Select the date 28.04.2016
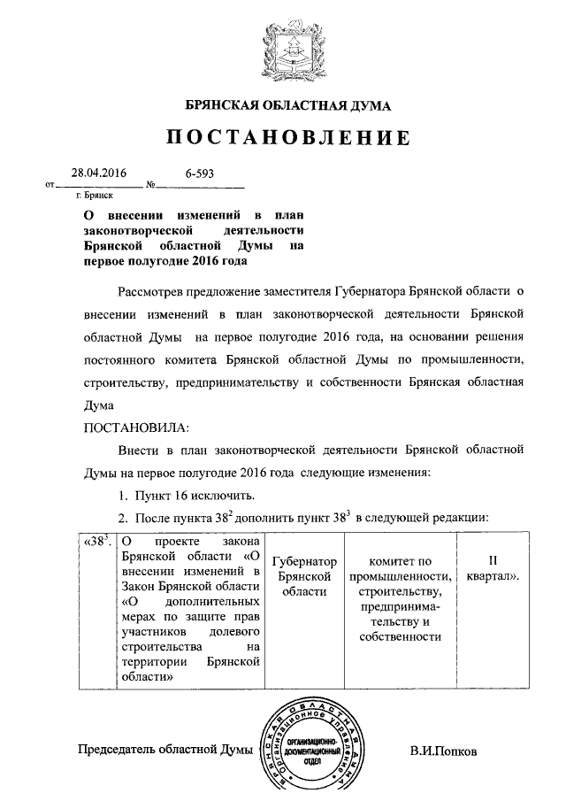[98, 174]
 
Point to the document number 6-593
[200, 174]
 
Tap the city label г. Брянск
[95, 196]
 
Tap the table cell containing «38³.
[96, 542]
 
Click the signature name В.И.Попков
[443, 751]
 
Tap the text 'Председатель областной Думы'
[165, 751]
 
